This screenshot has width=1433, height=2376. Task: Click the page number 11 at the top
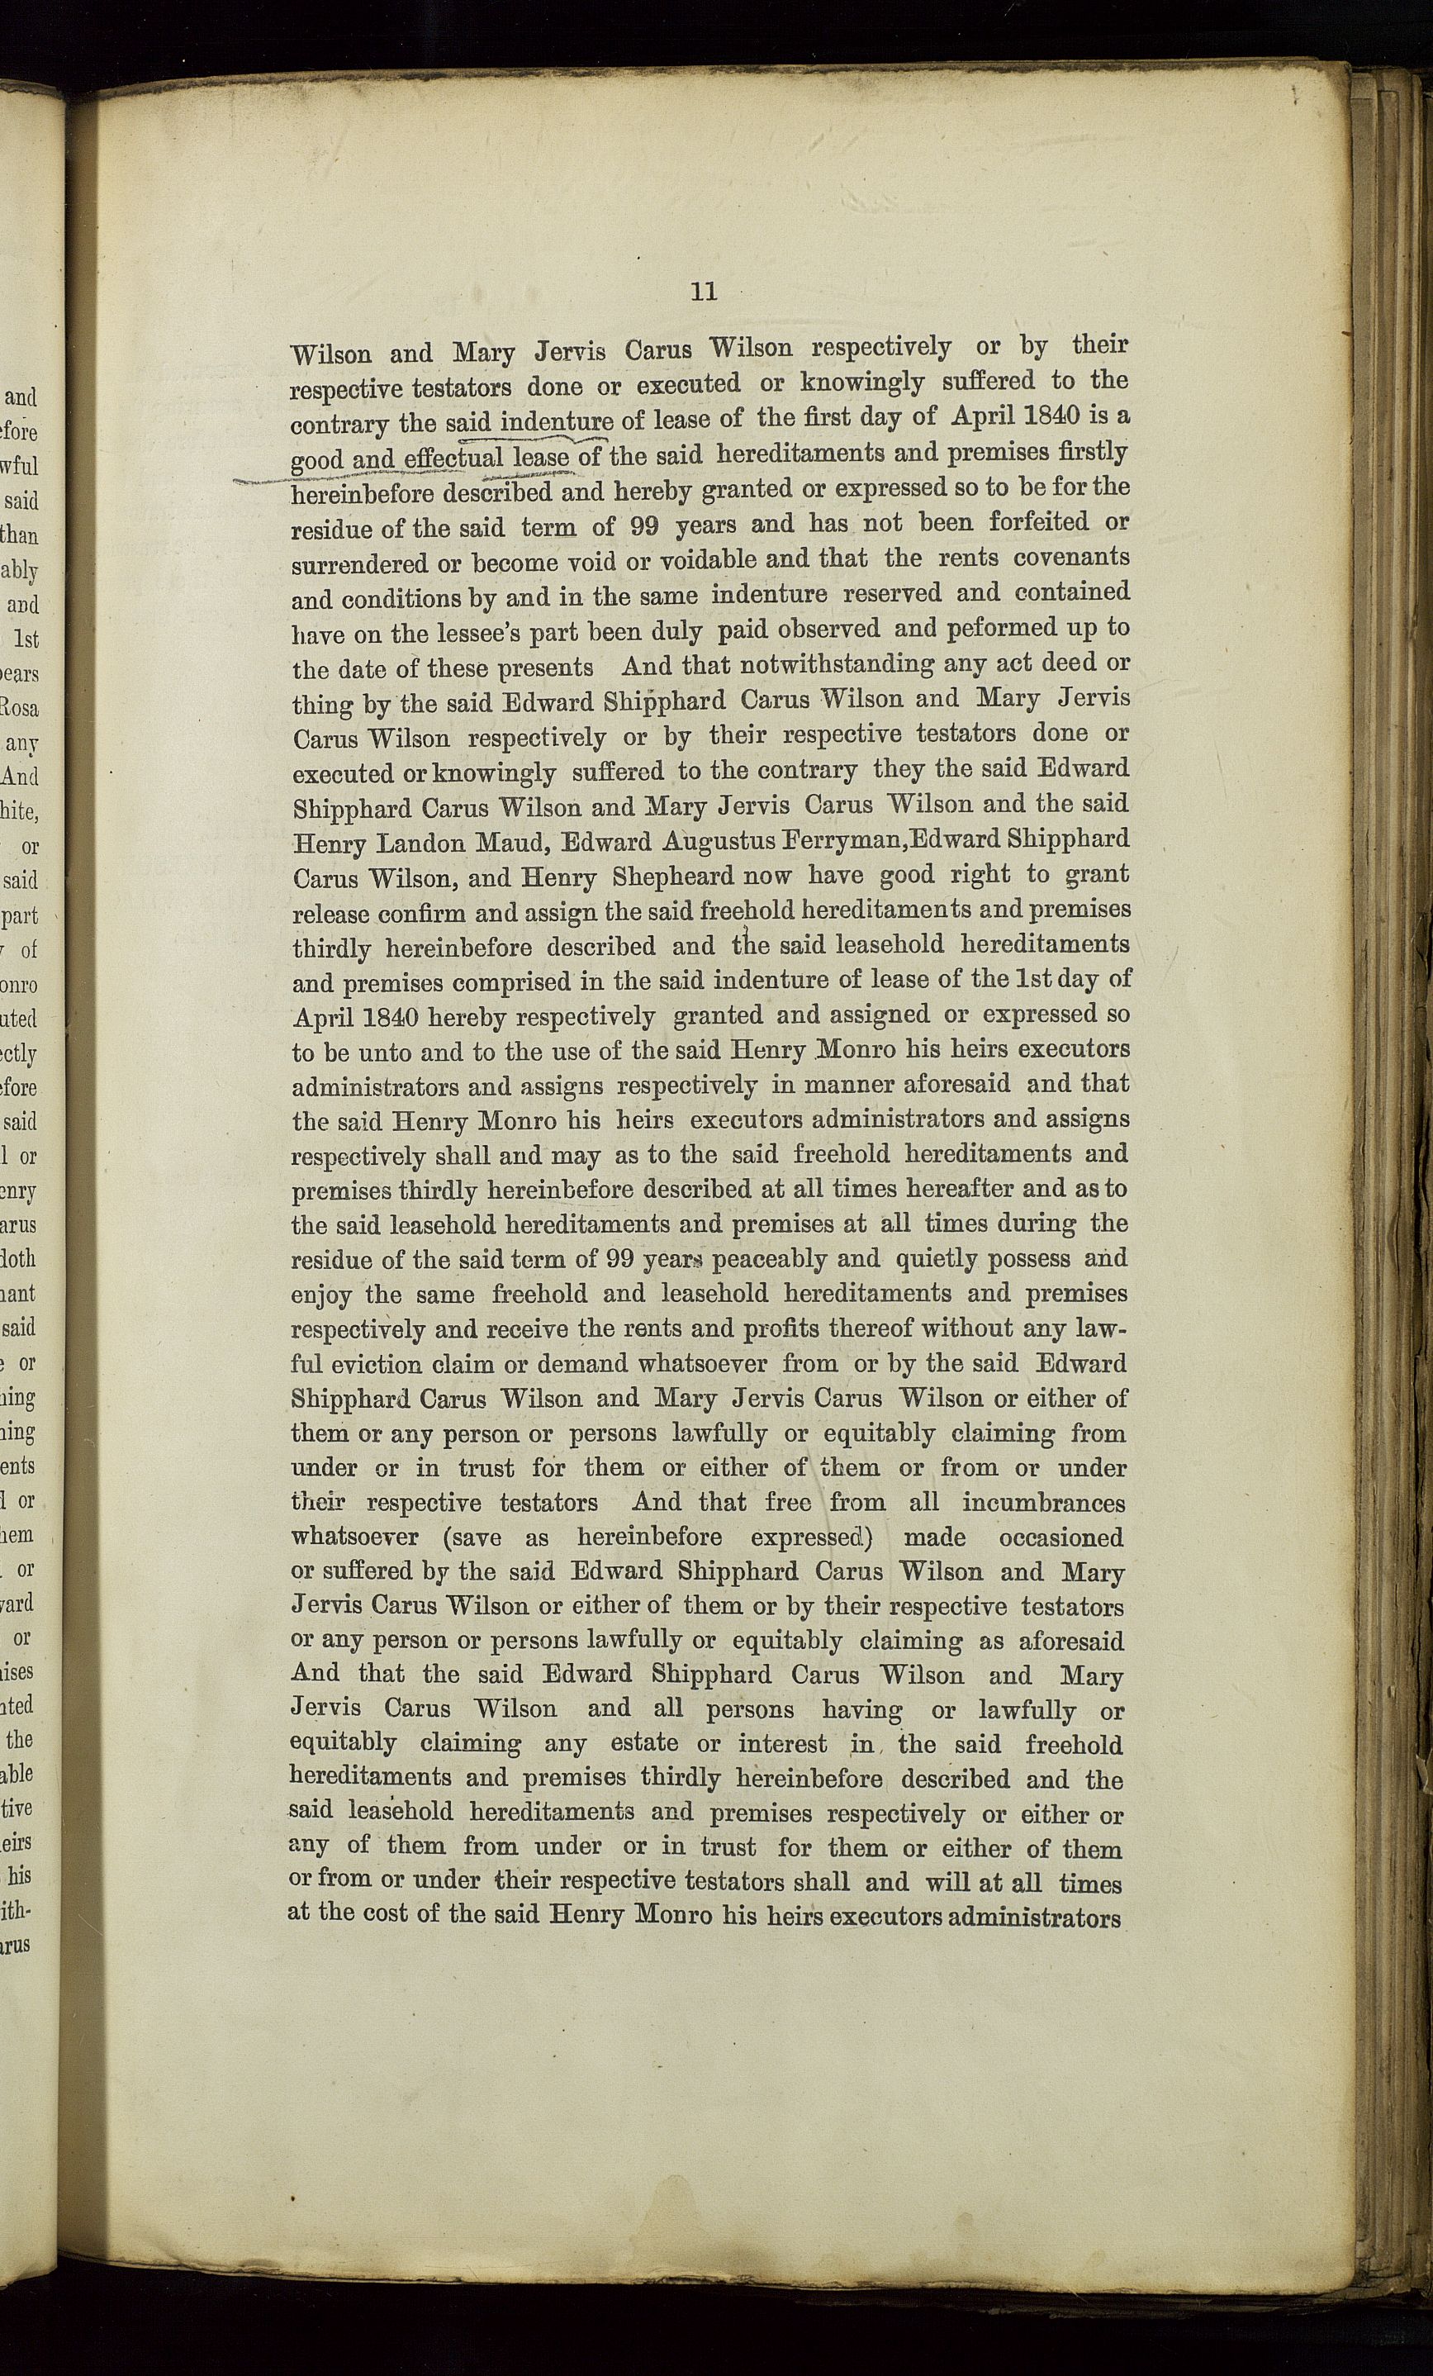pos(704,291)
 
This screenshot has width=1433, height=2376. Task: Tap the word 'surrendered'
pos(346,564)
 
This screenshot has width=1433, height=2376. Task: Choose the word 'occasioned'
pos(1061,1538)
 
